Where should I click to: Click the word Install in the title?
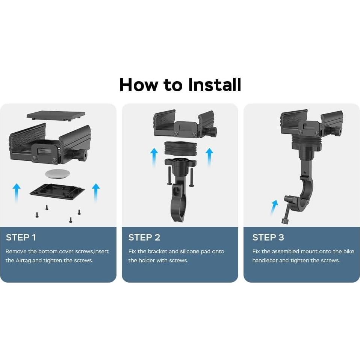tap(215, 85)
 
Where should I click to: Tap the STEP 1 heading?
tap(21, 237)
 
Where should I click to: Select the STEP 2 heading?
tap(144, 237)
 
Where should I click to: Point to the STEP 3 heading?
tap(268, 237)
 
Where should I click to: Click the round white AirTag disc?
tap(57, 174)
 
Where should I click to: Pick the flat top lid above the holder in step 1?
tap(56, 115)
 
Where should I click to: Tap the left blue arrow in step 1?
tap(17, 192)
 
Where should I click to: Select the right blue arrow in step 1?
tap(96, 192)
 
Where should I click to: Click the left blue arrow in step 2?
tap(154, 157)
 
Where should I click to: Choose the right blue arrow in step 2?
tap(209, 157)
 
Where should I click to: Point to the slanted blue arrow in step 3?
tap(274, 207)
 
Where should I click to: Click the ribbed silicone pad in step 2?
tap(181, 149)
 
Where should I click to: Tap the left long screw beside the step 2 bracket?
tap(169, 175)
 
